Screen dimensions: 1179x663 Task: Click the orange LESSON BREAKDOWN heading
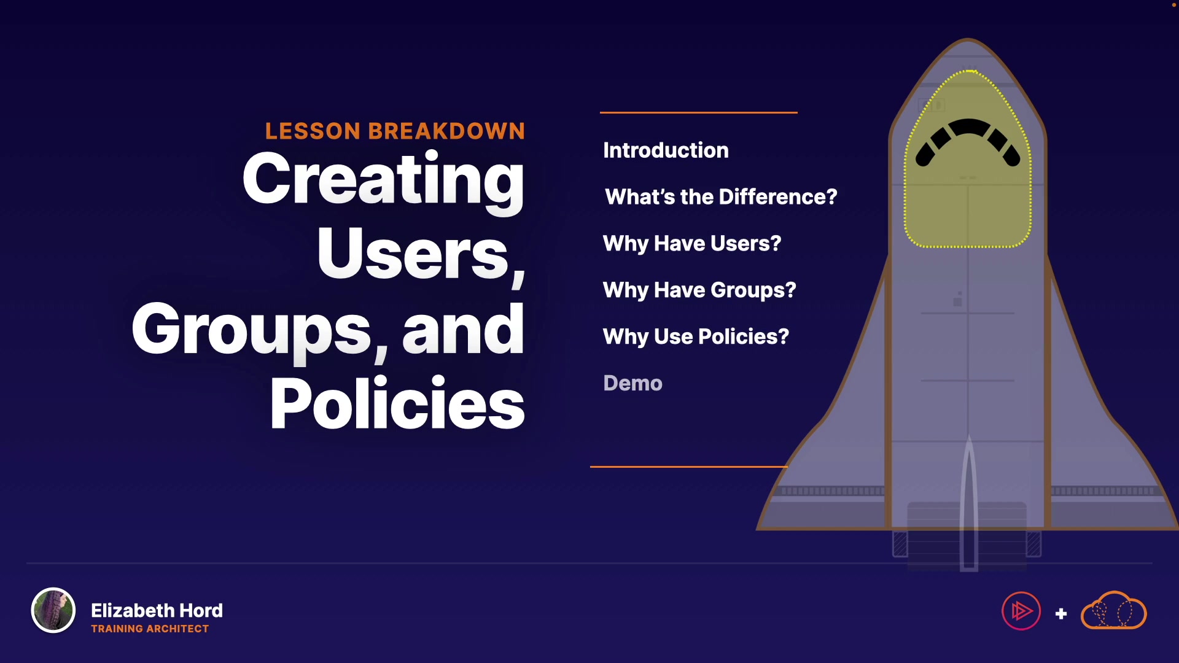(395, 131)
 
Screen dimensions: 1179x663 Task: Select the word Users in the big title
(413, 254)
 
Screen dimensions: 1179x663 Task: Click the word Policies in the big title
(397, 403)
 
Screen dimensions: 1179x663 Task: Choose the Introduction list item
(666, 150)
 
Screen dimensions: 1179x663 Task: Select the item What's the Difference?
(721, 196)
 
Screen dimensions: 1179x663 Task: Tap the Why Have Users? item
(692, 244)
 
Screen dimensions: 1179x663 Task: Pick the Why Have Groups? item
(699, 290)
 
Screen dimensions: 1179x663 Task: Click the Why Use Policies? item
(696, 336)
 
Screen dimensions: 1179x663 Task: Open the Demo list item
(632, 383)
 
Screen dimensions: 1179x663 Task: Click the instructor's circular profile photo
(53, 610)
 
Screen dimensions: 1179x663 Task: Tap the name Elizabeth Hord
(157, 610)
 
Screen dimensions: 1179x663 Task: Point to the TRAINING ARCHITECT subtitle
(150, 629)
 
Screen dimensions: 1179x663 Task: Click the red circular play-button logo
(1021, 611)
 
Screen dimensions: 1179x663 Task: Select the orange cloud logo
(1113, 611)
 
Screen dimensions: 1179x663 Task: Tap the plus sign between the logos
(1061, 614)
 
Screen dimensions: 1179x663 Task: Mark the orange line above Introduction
(699, 112)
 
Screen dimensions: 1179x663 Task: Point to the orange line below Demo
(689, 467)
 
